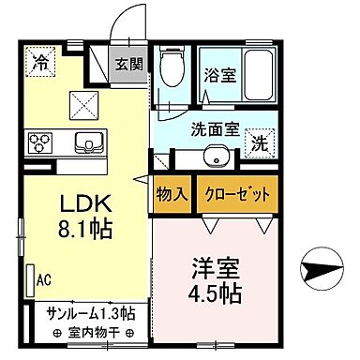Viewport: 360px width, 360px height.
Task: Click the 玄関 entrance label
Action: pyautogui.click(x=127, y=66)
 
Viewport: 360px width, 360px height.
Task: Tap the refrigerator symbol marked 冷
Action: pyautogui.click(x=41, y=64)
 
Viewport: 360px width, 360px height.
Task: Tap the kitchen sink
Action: pyautogui.click(x=91, y=143)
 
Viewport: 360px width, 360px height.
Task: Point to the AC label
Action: pyautogui.click(x=43, y=278)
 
